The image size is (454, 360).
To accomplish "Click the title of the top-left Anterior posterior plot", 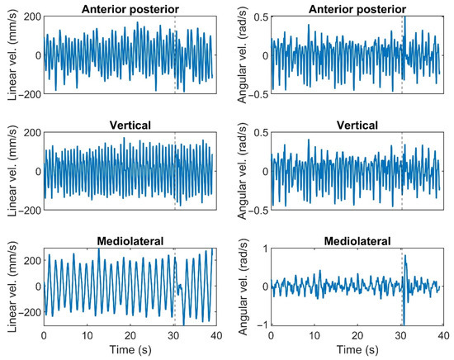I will tap(129, 8).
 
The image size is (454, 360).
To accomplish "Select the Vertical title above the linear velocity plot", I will tap(129, 125).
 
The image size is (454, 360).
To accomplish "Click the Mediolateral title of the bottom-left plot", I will tap(129, 240).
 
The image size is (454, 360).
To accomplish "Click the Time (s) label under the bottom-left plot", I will tap(129, 350).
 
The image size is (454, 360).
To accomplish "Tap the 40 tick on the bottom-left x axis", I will tap(213, 336).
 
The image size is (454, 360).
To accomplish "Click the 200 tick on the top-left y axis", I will tap(31, 17).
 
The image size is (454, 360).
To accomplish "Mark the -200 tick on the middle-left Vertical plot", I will tap(28, 211).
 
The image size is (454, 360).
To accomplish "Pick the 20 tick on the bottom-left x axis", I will tap(129, 336).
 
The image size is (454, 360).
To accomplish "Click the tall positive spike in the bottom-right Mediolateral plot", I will tap(404, 258).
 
